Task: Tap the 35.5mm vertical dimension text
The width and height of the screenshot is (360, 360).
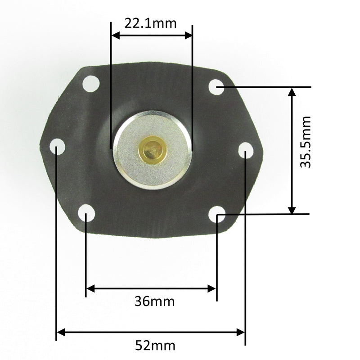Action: pyautogui.click(x=306, y=142)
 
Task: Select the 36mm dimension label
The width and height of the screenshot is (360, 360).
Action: pyautogui.click(x=154, y=301)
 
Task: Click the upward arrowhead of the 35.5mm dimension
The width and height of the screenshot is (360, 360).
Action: pyautogui.click(x=292, y=91)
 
